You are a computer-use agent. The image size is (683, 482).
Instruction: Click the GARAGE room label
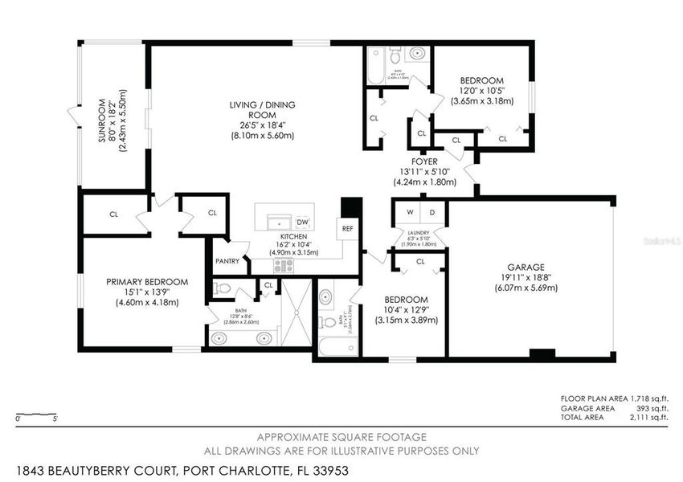526,268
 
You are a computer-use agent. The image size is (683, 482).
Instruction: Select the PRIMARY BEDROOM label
148,281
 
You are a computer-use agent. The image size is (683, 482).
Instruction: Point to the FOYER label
424,161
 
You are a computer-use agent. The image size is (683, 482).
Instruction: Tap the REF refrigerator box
347,229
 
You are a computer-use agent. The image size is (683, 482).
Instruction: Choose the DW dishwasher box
303,222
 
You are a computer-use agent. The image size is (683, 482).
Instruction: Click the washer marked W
409,213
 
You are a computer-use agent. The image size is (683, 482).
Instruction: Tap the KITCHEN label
294,236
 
